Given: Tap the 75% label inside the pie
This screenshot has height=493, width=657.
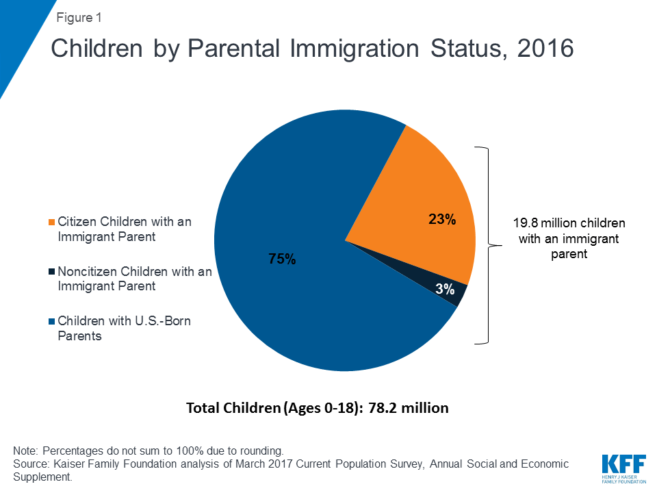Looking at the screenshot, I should pyautogui.click(x=281, y=259).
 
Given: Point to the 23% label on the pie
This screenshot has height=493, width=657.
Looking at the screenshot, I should pyautogui.click(x=442, y=220).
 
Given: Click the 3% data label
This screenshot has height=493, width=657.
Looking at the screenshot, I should pyautogui.click(x=445, y=290).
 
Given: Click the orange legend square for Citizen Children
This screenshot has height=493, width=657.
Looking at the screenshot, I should pyautogui.click(x=51, y=223).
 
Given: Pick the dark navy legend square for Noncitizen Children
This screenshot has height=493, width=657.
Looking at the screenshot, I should pyautogui.click(x=51, y=272).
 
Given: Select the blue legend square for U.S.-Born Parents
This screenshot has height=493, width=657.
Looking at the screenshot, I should pyautogui.click(x=51, y=321).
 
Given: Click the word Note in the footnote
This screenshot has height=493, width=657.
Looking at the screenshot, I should pyautogui.click(x=25, y=451).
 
